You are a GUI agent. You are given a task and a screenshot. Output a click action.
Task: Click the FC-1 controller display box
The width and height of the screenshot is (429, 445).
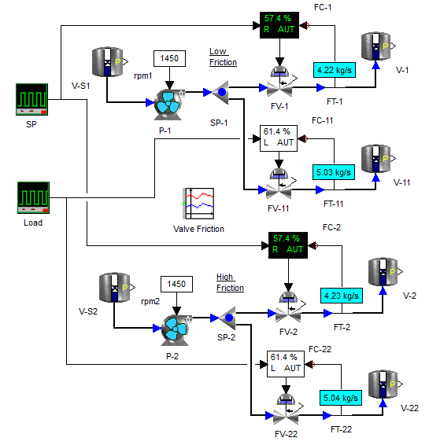[279, 25]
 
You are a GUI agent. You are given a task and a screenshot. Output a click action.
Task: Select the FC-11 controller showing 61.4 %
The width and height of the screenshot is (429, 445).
[279, 138]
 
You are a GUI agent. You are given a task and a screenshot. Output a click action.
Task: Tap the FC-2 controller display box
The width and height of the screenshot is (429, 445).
[288, 245]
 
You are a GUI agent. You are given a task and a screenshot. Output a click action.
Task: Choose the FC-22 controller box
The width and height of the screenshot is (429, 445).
[286, 364]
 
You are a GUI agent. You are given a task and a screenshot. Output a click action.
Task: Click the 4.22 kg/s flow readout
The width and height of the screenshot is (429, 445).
[335, 70]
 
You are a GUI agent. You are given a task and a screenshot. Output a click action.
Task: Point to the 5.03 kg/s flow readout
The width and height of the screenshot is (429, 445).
[334, 172]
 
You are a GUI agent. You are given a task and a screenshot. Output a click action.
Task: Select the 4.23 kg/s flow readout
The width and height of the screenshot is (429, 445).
[341, 296]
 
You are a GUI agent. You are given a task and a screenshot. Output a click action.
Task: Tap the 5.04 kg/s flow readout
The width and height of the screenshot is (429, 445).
[341, 398]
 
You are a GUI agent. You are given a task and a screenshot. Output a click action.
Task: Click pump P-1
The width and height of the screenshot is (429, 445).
[168, 105]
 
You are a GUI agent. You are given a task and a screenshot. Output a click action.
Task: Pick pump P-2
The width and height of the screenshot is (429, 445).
[176, 330]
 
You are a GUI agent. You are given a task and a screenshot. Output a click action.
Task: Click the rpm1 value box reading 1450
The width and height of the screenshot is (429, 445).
[169, 58]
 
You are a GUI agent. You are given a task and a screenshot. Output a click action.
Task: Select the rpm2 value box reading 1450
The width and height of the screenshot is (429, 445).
[176, 284]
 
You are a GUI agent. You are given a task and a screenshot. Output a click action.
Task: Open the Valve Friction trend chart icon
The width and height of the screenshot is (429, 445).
[198, 204]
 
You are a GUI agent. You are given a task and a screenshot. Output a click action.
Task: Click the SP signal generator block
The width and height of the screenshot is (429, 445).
[31, 99]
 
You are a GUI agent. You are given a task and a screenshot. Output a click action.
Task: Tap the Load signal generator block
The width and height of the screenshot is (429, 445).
[33, 197]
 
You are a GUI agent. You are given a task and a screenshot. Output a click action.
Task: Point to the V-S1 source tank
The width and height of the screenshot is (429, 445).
[108, 62]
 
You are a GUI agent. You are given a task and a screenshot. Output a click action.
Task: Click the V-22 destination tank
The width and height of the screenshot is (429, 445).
[383, 384]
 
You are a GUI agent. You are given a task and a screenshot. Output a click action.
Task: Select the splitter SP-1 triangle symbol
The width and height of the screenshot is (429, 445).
[220, 92]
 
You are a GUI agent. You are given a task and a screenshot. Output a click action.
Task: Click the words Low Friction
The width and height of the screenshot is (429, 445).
[223, 57]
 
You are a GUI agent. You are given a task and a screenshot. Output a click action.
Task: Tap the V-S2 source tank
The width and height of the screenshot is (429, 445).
[114, 288]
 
